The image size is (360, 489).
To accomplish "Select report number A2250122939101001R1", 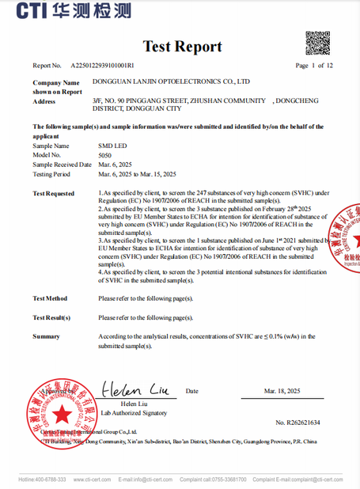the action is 102,66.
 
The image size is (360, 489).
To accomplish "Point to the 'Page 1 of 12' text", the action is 314,66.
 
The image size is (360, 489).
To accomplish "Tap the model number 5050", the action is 104,156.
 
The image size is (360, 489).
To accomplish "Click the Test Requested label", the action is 54,193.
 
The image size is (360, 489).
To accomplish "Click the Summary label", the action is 46,336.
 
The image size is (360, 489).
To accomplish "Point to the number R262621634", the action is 297,423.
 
